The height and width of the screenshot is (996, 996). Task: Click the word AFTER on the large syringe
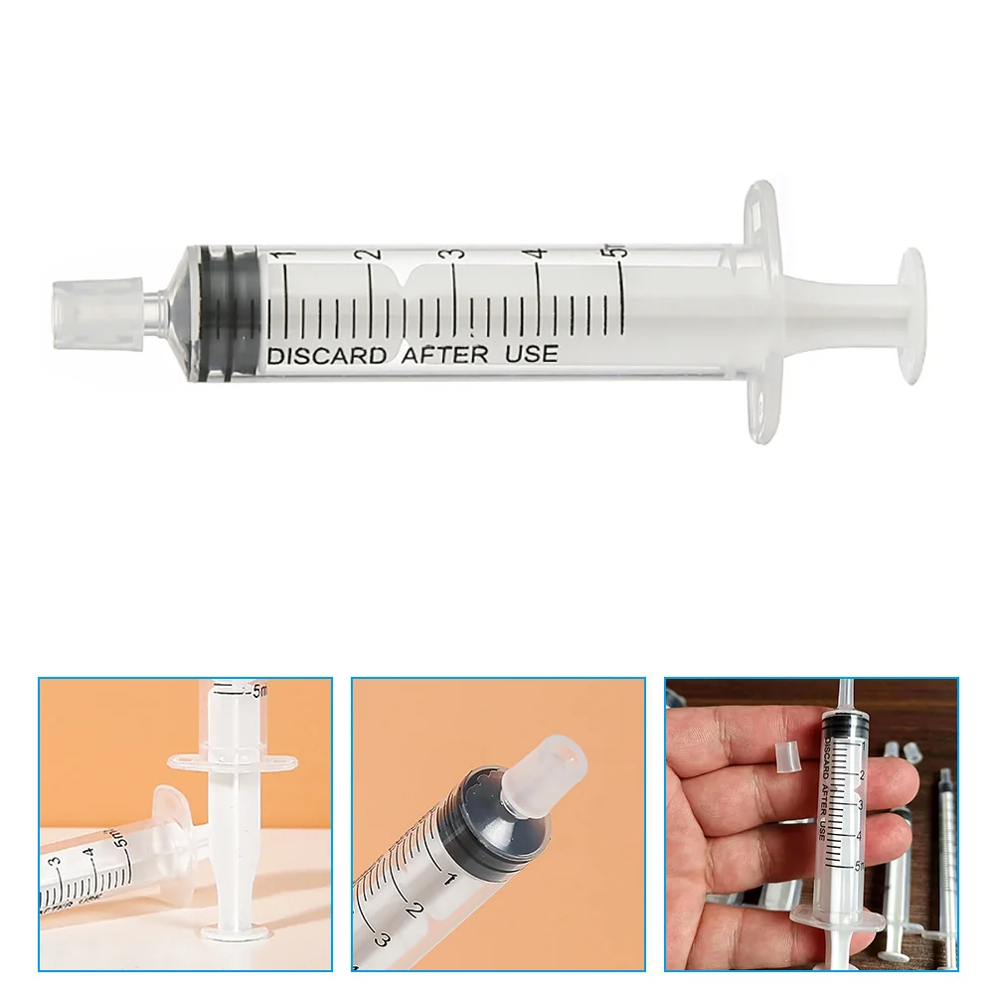[x=443, y=354]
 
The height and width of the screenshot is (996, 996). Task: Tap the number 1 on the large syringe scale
[x=287, y=257]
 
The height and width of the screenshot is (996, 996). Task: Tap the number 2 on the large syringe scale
[x=372, y=254]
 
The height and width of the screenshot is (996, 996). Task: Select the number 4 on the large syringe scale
[x=539, y=254]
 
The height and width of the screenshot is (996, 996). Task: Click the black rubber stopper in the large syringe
[x=225, y=310]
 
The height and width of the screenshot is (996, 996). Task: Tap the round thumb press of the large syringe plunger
[x=912, y=316]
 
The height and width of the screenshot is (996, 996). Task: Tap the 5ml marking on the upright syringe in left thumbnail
[x=260, y=689]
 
